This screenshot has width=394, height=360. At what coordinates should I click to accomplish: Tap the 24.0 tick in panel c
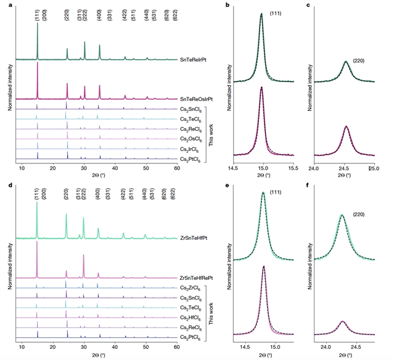[x=314, y=168]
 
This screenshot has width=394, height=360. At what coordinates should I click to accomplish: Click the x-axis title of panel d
[x=99, y=356]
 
